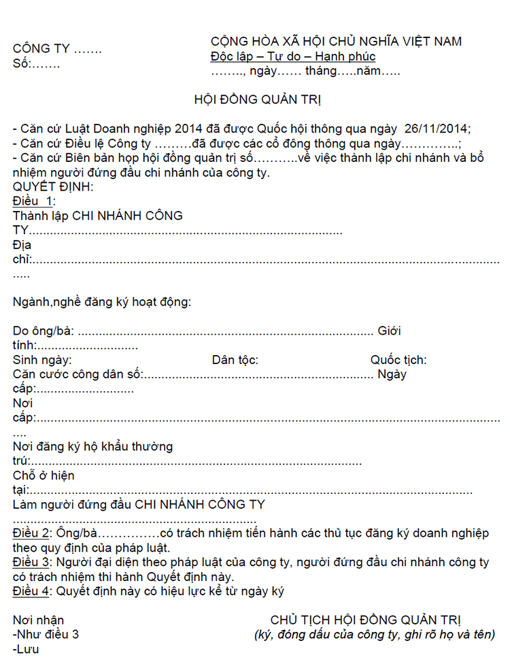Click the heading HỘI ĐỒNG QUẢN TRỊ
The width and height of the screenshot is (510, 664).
pyautogui.click(x=258, y=100)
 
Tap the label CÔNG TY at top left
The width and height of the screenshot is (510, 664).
pyautogui.click(x=41, y=49)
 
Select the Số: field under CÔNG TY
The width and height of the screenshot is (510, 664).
pyautogui.click(x=36, y=65)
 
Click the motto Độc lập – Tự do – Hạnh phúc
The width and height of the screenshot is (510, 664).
pyautogui.click(x=293, y=57)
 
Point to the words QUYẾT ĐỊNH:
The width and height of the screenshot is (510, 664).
pyautogui.click(x=53, y=186)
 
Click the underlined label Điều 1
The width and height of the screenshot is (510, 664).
pyautogui.click(x=32, y=201)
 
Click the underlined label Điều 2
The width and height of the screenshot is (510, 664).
pyautogui.click(x=31, y=533)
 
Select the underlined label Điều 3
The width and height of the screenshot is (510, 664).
pyautogui.click(x=31, y=562)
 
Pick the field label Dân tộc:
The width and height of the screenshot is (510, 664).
pyautogui.click(x=235, y=360)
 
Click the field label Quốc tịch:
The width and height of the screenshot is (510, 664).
pyautogui.click(x=398, y=360)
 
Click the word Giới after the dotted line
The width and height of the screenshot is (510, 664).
pyautogui.click(x=389, y=331)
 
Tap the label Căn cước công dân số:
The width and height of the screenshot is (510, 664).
pyautogui.click(x=78, y=374)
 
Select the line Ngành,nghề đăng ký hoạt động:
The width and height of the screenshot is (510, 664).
pyautogui.click(x=102, y=301)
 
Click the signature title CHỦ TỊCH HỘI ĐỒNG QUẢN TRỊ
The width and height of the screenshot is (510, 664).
pyautogui.click(x=366, y=620)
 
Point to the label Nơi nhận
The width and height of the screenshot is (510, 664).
pyautogui.click(x=38, y=620)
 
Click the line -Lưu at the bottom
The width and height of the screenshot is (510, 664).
pyautogui.click(x=26, y=649)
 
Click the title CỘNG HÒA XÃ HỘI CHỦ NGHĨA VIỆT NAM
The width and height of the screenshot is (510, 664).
pyautogui.click(x=336, y=42)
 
